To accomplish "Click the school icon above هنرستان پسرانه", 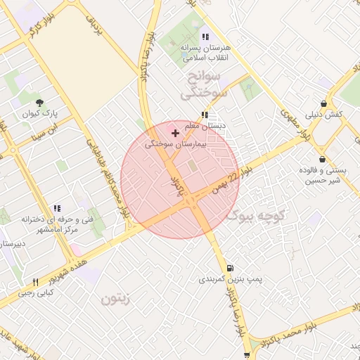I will click(x=205, y=37).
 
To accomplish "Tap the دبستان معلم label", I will click(x=204, y=126).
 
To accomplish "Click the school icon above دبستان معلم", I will click(x=204, y=115).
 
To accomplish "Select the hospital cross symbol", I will click(x=175, y=132).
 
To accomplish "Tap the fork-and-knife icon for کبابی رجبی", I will click(x=35, y=282).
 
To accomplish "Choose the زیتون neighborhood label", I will click(x=116, y=298).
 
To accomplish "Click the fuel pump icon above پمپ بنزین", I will click(x=230, y=268).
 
